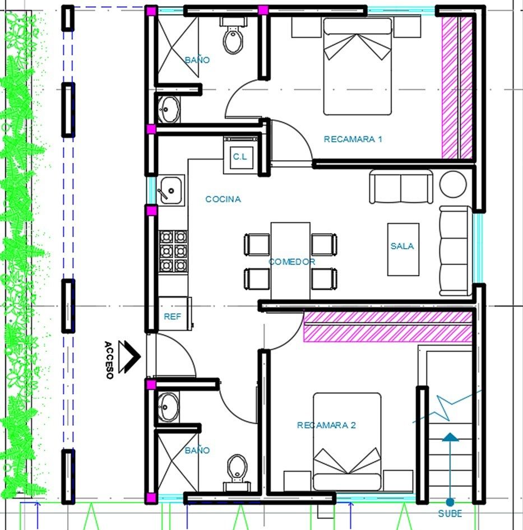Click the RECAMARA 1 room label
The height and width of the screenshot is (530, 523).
click(x=353, y=139)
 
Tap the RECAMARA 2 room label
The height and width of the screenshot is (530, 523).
click(x=326, y=425)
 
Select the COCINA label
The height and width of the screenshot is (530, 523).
click(x=223, y=199)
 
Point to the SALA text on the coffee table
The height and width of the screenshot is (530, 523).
click(x=402, y=246)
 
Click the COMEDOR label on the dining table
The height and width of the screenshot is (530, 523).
click(x=291, y=261)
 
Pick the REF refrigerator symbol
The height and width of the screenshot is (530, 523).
click(x=175, y=314)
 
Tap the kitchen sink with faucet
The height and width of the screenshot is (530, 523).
click(x=171, y=190)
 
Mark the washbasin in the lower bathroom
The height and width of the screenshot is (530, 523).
click(x=169, y=407)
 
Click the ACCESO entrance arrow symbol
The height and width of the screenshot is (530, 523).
click(x=129, y=356)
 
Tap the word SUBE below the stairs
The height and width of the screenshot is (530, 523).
click(x=450, y=513)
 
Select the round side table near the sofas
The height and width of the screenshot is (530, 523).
click(x=453, y=184)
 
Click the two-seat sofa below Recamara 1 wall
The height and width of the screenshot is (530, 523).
click(x=401, y=187)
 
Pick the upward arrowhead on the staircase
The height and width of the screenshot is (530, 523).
click(x=450, y=436)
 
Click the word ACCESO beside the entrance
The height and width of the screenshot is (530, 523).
click(x=109, y=360)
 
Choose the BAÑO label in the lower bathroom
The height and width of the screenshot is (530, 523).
click(x=197, y=450)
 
